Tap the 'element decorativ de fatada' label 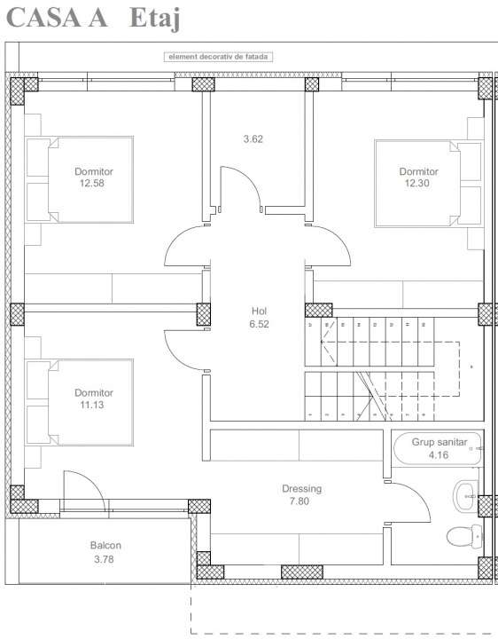point(219,57)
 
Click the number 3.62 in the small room point(253,138)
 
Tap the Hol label point(259,311)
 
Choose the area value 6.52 point(259,324)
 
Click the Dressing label point(301,489)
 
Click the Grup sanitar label point(445,441)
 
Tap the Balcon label point(105,546)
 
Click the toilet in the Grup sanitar point(463,536)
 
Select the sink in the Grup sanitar point(465,493)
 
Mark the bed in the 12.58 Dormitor point(80,178)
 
